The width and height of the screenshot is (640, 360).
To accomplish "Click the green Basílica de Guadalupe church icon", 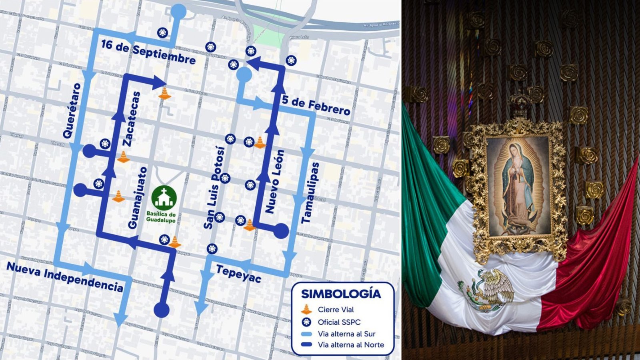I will tap(164, 197).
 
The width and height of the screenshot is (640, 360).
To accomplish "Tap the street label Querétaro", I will tap(72, 111).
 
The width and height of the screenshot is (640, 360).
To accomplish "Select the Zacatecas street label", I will tap(132, 119).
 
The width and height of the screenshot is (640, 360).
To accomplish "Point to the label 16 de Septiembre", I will tap(148, 52).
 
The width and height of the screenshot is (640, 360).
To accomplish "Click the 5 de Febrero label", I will tap(316, 105).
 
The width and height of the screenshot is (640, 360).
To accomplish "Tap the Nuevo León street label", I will tap(275, 182).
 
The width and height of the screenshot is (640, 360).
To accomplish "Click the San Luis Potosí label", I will tap(214, 188).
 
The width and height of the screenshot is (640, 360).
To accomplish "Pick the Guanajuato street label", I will tap(137, 198).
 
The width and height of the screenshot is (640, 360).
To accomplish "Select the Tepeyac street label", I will tap(238, 273).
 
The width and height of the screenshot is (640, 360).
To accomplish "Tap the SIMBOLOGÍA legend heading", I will tap(341, 294).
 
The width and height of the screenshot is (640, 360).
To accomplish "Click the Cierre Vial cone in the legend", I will tap(306, 309).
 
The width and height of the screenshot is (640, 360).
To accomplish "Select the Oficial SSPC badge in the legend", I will tap(306, 322).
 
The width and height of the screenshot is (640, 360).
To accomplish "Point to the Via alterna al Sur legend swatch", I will tap(306, 334).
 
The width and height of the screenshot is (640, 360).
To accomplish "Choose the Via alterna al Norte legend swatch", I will tap(306, 345).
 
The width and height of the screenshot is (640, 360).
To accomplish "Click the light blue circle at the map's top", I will tap(178, 12).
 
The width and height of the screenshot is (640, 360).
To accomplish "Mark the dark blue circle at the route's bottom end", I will tap(162, 310).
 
